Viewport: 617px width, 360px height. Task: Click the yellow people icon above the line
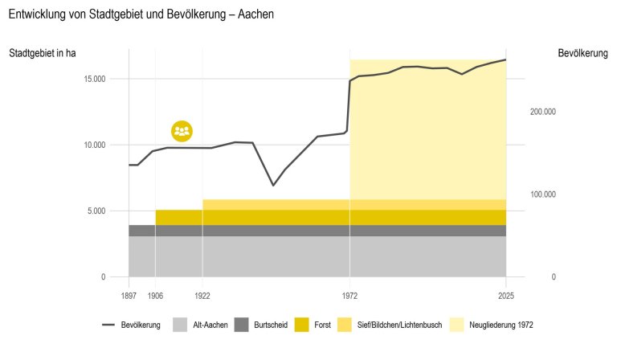pos(182,131)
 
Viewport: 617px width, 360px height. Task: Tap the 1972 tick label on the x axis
pos(349,296)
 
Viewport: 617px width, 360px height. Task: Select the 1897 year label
pos(129,296)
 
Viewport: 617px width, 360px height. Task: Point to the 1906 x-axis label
pos(155,296)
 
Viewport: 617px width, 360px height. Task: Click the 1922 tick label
pos(202,296)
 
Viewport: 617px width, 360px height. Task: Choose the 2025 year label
pos(506,296)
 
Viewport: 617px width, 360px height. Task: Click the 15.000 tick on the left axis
pos(95,79)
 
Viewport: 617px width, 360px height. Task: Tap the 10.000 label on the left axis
pos(95,145)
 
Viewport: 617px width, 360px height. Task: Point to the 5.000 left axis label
pos(96,211)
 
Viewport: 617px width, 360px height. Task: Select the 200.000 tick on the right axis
pos(543,112)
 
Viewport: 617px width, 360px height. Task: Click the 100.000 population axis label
pos(543,194)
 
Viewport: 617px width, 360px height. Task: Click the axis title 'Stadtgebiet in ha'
pos(42,53)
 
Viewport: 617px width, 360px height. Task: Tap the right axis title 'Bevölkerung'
pos(582,53)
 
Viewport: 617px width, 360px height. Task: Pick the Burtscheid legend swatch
pos(242,325)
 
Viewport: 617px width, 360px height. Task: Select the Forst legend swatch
pos(302,325)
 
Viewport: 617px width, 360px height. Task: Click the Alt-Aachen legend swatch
pos(180,325)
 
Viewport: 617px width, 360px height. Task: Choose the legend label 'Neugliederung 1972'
pos(501,325)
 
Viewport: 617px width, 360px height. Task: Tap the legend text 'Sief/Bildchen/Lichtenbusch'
pos(399,325)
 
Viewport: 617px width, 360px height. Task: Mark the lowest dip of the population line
pos(273,186)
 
